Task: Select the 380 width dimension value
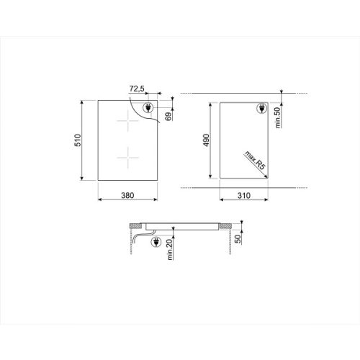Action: [127, 194]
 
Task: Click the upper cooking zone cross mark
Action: [127, 124]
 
